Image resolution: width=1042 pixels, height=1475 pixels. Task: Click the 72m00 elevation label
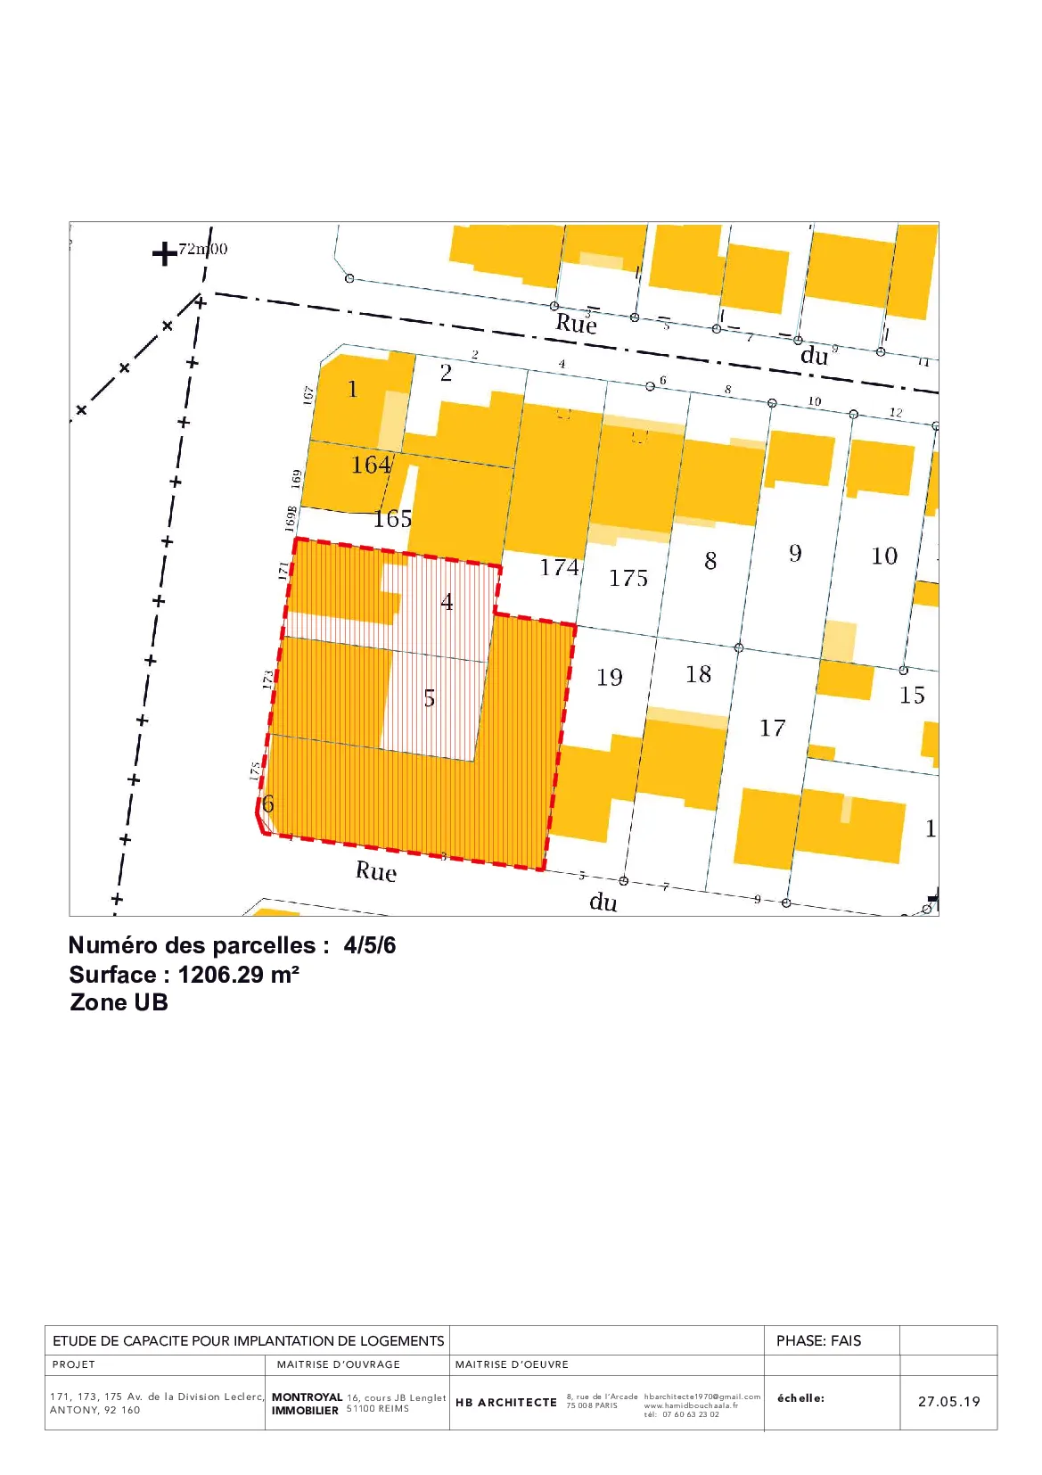coord(203,249)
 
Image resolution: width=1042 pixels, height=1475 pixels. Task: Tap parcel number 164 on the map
coord(371,465)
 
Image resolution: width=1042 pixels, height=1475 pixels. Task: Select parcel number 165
coord(392,519)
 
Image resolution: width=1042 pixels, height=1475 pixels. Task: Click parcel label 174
coord(559,567)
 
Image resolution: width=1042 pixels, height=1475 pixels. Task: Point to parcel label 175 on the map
coord(628,579)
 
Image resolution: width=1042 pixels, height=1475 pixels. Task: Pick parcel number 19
coord(610,678)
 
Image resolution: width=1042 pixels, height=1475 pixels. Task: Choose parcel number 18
coord(699,674)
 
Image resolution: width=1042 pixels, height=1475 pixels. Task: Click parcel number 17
coord(773,729)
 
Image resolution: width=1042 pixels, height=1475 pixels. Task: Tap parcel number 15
coord(912,696)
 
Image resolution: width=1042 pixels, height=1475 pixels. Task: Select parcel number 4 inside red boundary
coord(447,603)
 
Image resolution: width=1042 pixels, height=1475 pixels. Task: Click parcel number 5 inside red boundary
coord(430,698)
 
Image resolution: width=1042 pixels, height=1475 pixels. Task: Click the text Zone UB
coord(119,1002)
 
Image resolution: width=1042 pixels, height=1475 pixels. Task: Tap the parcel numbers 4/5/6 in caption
coord(370,945)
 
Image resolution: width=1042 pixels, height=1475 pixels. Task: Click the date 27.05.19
coord(948,1401)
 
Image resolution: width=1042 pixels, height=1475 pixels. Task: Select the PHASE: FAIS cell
coord(818,1340)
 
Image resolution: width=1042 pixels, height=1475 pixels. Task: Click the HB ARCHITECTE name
coord(505,1402)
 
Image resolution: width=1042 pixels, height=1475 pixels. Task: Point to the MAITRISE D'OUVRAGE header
coord(339,1364)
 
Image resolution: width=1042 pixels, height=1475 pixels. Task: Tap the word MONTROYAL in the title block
coord(307,1397)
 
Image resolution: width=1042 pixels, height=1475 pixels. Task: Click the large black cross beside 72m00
coord(165,254)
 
